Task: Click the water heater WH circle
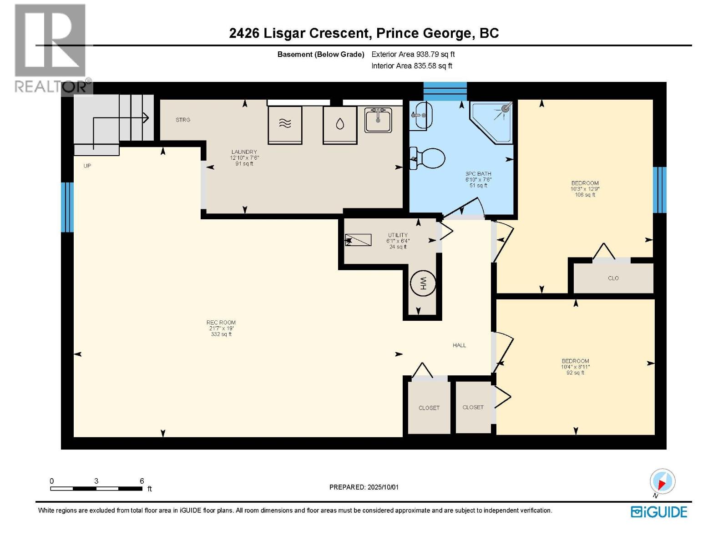(423, 283)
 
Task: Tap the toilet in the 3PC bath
(427, 158)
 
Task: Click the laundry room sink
(378, 119)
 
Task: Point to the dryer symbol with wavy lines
(285, 125)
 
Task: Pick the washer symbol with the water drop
(340, 125)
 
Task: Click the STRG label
(183, 120)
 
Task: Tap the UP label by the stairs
(87, 166)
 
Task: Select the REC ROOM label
(221, 322)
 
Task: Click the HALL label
(459, 345)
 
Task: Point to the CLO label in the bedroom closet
(613, 278)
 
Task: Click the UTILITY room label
(398, 235)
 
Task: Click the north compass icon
(662, 481)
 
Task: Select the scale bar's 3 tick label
(96, 480)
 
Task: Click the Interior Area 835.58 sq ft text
(412, 66)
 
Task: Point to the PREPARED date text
(364, 487)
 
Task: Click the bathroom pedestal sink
(421, 116)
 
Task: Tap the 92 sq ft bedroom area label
(575, 373)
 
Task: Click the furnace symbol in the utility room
(358, 240)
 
